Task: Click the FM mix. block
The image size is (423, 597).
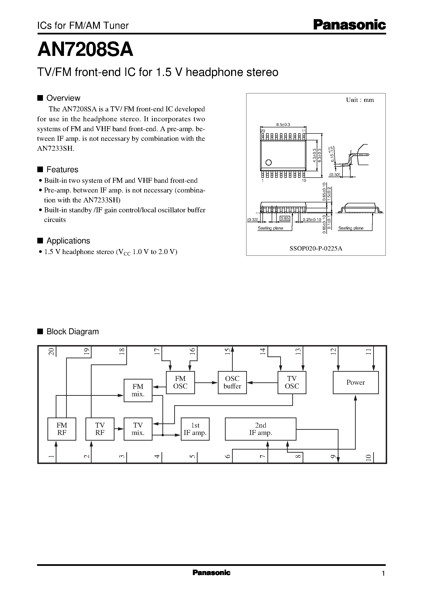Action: (138, 390)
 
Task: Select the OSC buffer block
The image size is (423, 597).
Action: (232, 382)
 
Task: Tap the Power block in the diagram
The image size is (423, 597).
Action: (355, 382)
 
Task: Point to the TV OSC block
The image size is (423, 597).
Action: (292, 382)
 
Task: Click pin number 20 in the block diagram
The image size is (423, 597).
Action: (51, 352)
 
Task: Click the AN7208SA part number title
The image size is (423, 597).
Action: (85, 50)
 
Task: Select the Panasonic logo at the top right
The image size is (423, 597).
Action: (349, 25)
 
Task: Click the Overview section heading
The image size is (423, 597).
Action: (63, 98)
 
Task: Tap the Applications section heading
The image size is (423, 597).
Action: (68, 241)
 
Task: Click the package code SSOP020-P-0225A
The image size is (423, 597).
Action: (316, 248)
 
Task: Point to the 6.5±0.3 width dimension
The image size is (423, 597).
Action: (283, 125)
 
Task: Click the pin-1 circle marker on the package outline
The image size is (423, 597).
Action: (269, 162)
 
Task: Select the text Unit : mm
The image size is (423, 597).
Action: (360, 100)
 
